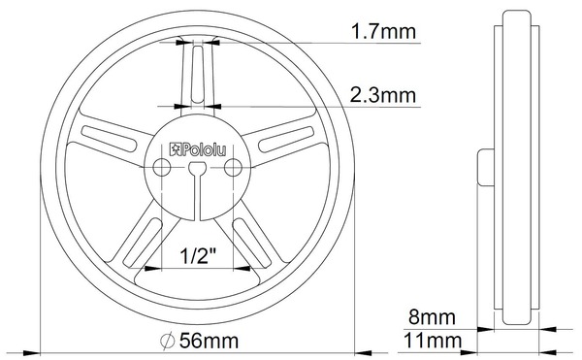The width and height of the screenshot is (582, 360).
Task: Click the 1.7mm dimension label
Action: tap(383, 31)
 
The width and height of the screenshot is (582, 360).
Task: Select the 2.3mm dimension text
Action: tap(383, 95)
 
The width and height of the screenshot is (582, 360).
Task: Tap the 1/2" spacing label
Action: tap(198, 255)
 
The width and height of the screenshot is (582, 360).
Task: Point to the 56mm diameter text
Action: tap(209, 341)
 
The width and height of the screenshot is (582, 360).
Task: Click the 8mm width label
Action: tap(432, 317)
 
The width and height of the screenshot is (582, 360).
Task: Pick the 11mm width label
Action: tap(433, 341)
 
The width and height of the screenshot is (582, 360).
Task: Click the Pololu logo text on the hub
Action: tap(198, 149)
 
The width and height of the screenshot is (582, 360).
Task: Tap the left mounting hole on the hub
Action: tap(162, 167)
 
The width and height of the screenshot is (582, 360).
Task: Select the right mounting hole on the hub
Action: tap(233, 167)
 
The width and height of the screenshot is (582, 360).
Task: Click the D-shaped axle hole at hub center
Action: tap(198, 168)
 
